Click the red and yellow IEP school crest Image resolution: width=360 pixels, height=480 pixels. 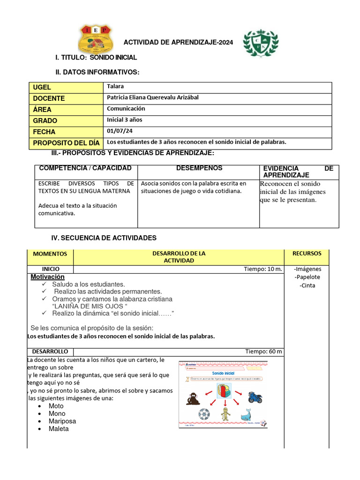tap(96, 39)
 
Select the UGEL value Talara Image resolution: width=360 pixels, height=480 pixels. tap(115, 86)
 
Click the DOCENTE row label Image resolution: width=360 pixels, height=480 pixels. tap(49, 98)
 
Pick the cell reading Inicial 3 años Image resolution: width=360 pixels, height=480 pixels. tap(124, 120)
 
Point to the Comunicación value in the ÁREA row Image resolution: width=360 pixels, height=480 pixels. tap(126, 108)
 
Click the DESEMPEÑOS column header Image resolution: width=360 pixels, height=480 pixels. tap(199, 168)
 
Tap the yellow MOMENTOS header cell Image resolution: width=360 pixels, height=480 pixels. tap(50, 254)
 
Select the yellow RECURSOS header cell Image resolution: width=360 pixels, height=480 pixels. tap(307, 253)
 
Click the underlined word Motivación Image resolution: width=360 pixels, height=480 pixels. tap(47, 277)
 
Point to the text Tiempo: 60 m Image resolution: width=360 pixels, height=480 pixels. tap(263, 351)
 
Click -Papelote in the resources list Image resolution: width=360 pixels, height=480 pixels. tap(307, 277)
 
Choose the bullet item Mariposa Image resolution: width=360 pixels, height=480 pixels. tap(62, 421)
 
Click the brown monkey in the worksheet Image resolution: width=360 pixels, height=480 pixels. tap(192, 398)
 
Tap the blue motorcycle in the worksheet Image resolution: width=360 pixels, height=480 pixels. tap(255, 397)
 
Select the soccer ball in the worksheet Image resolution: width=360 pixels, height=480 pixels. tap(204, 415)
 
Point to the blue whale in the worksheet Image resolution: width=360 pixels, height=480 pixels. tap(247, 415)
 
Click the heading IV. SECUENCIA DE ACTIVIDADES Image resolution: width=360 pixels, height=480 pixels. tap(104, 238)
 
